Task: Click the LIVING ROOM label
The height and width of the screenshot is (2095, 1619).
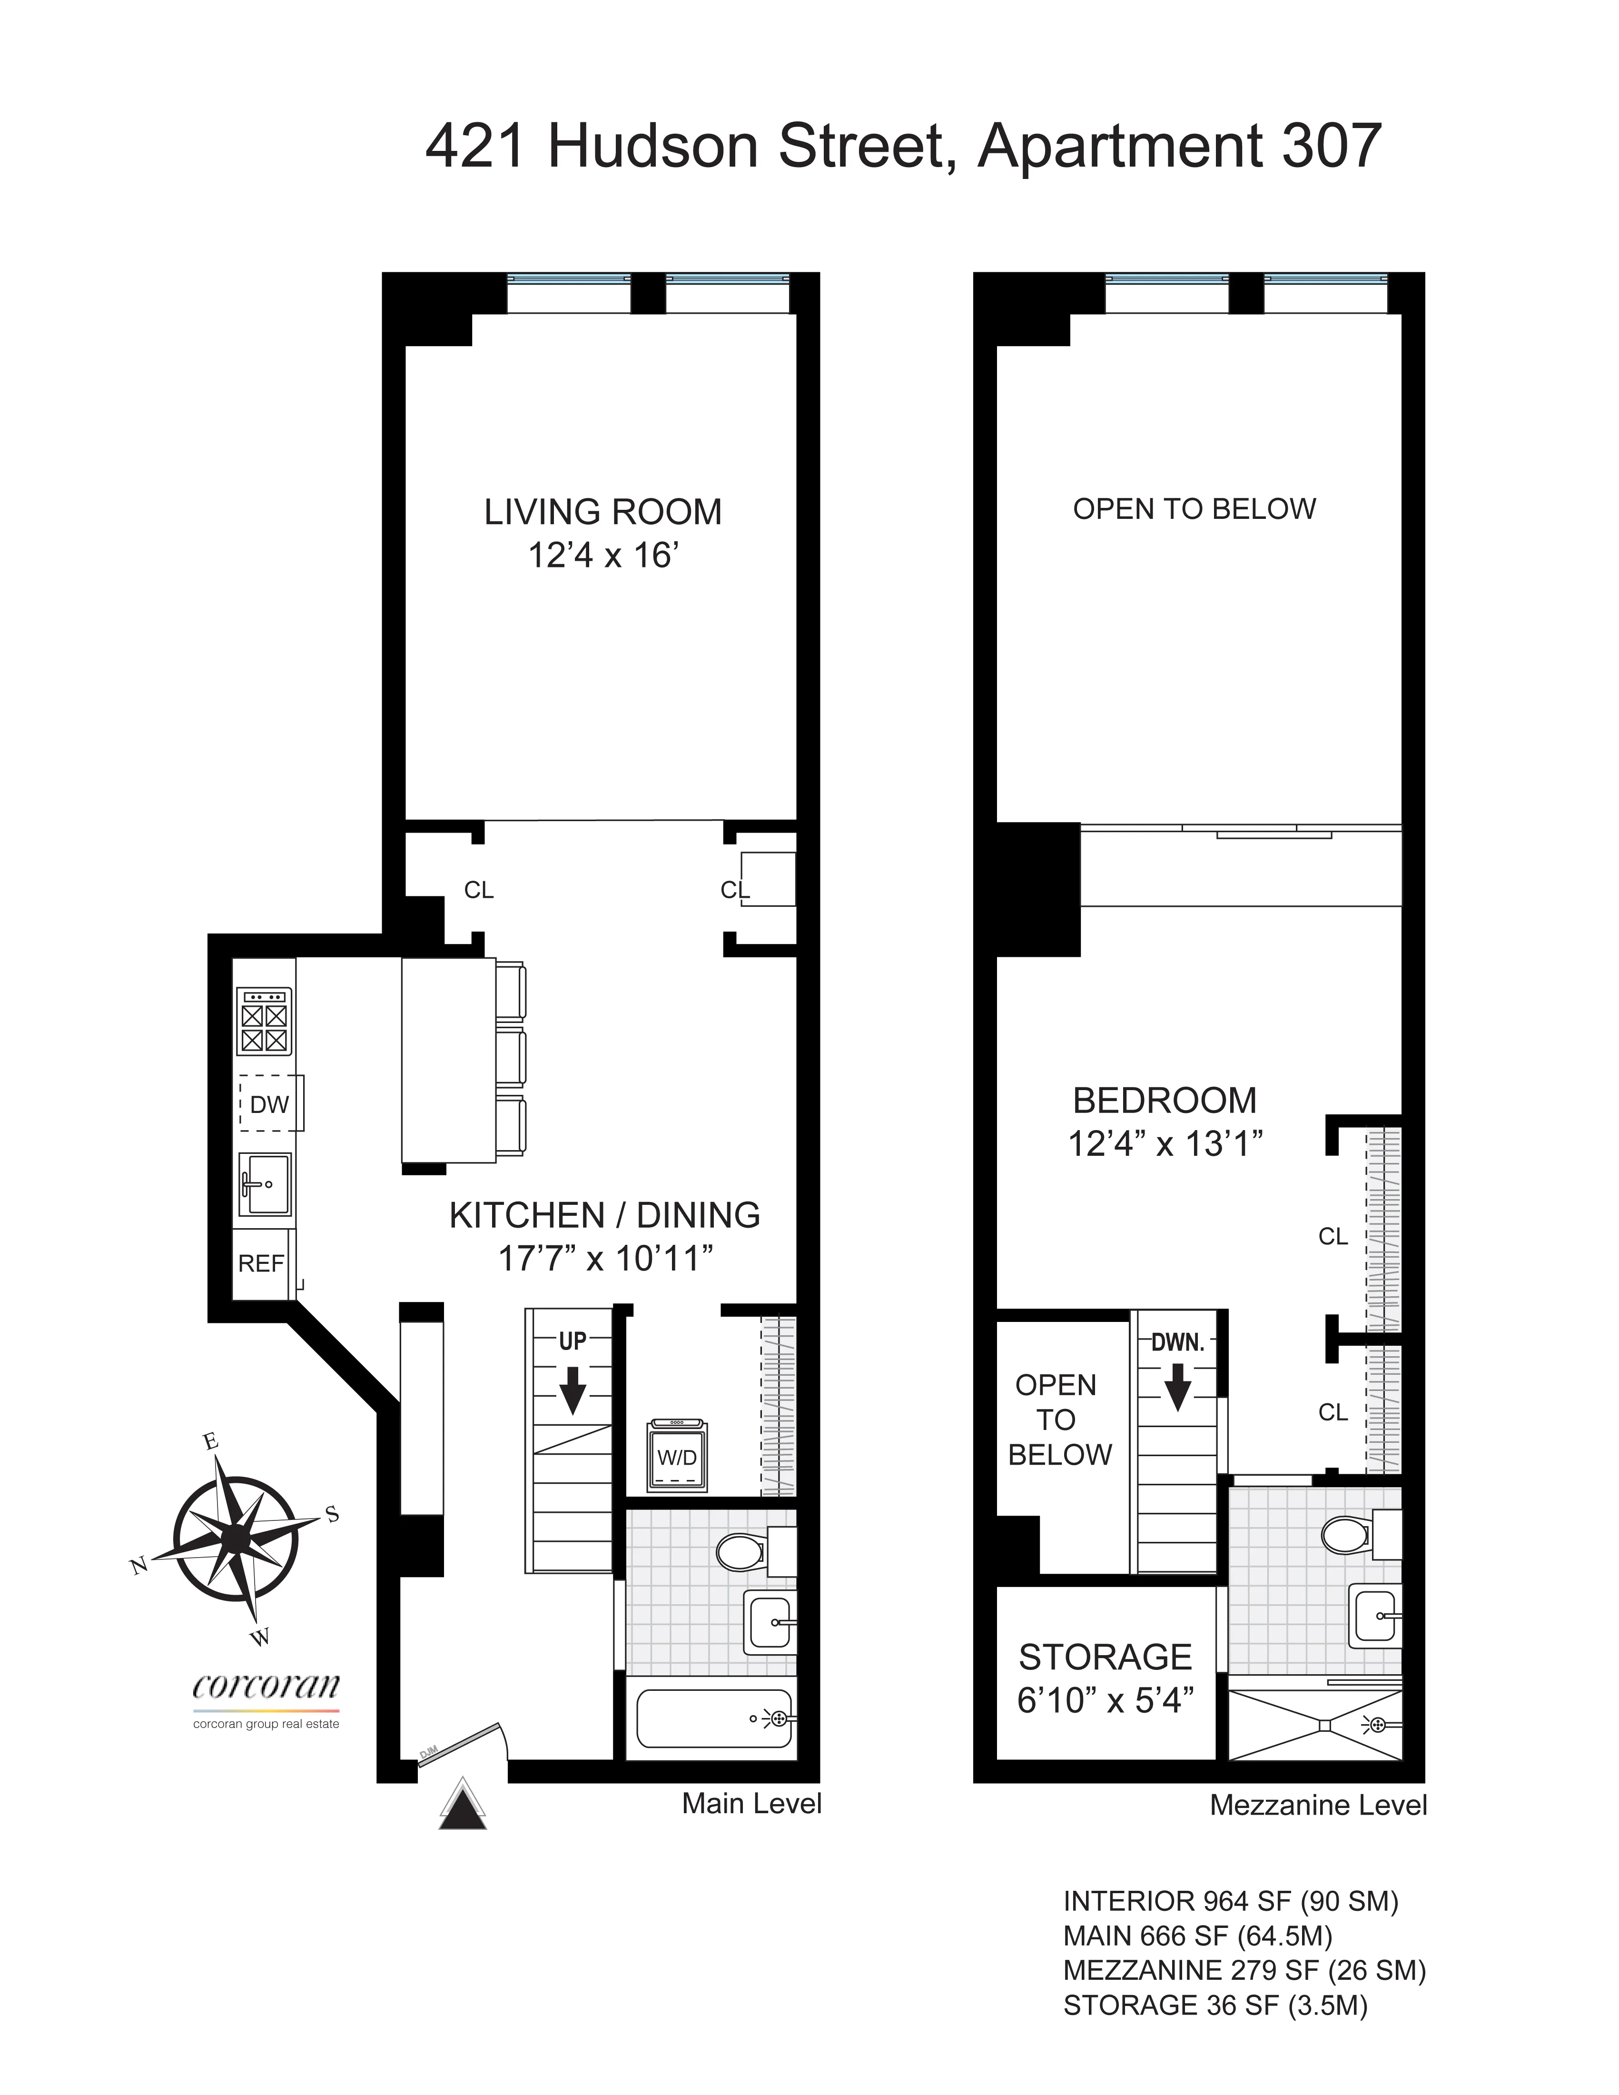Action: click(x=602, y=512)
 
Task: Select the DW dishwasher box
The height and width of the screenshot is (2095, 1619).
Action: click(x=269, y=1104)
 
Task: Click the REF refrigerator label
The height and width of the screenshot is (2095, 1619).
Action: click(x=261, y=1263)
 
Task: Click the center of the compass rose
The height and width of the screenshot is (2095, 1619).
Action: click(x=235, y=1538)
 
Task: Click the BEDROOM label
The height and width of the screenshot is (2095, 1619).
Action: click(x=1165, y=1100)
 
